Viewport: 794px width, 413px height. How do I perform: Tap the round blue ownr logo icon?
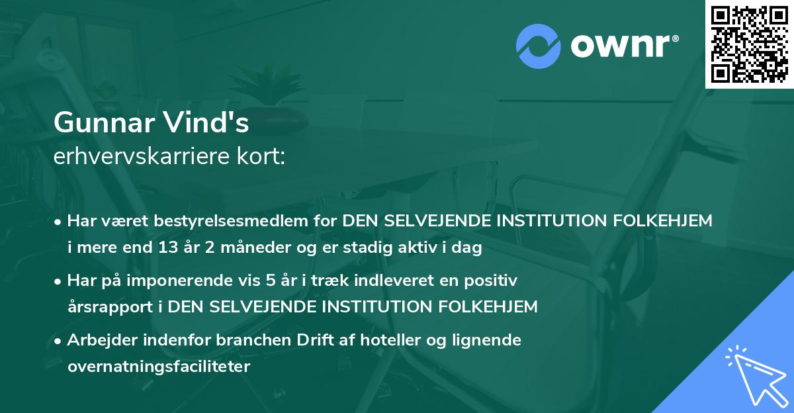point(539,46)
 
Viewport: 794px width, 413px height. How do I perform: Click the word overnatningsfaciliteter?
point(159,367)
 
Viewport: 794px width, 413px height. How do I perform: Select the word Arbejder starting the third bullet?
point(99,340)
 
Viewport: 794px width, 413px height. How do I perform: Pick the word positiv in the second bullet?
point(493,281)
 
